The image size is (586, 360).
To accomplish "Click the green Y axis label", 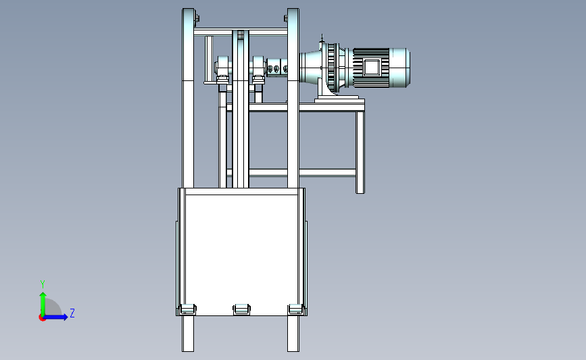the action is pos(43,284).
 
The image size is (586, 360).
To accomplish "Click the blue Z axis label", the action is pos(72,313).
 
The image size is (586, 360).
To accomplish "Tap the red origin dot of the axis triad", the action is pos(42,317).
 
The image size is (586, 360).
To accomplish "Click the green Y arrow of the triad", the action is pos(43,304).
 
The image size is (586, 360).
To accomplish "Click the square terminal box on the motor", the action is pos(372,68).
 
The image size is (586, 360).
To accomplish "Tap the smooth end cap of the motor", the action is pos(399,68).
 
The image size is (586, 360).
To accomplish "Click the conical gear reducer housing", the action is pos(311,68).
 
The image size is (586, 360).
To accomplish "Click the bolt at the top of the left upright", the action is pos(197,18).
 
